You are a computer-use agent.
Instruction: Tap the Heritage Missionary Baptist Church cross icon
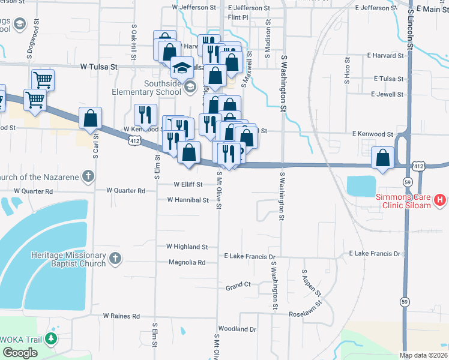(115, 259)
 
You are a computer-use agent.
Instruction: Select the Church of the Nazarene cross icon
(88, 176)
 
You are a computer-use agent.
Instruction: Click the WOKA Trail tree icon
(51, 338)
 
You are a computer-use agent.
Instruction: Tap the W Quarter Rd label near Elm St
(125, 190)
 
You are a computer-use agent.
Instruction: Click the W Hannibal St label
(187, 200)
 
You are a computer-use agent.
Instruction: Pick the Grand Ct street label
(238, 285)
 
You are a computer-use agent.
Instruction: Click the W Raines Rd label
(121, 316)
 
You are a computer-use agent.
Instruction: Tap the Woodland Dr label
(237, 329)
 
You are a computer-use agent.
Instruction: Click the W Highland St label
(187, 247)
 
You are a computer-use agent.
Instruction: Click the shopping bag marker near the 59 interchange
(382, 157)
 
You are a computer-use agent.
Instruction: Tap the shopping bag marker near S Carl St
(90, 118)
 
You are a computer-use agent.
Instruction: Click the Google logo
(19, 353)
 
